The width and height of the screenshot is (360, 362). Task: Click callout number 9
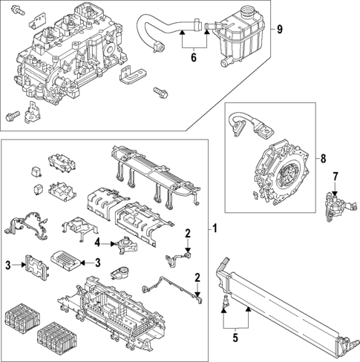pyautogui.click(x=279, y=30)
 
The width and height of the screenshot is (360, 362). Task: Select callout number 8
pyautogui.click(x=323, y=158)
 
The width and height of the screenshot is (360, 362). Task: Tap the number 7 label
pyautogui.click(x=335, y=176)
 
